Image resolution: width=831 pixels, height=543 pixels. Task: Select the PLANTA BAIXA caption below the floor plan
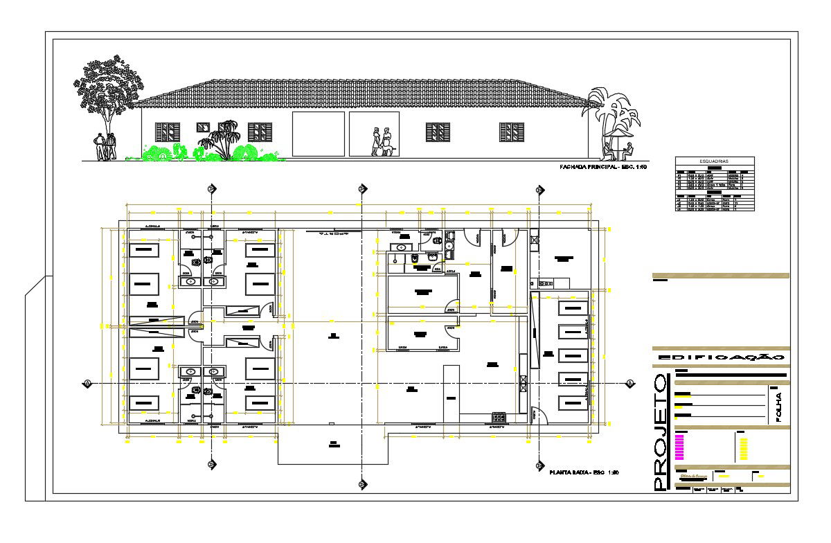[x=582, y=472]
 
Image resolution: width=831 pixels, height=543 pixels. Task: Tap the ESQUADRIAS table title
[x=714, y=161]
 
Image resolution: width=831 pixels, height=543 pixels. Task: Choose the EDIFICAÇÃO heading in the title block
[x=720, y=357]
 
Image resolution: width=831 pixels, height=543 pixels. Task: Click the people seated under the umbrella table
[x=618, y=148]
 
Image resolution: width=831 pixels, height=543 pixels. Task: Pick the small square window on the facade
[x=203, y=127]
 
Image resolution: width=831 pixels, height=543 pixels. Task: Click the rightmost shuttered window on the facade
[x=511, y=132]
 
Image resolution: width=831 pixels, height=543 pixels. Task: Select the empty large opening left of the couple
[x=318, y=134]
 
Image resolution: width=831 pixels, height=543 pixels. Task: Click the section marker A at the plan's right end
[x=630, y=383]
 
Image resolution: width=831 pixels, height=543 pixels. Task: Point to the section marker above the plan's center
[x=361, y=188]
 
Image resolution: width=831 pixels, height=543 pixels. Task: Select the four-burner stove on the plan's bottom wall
[x=498, y=417]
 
